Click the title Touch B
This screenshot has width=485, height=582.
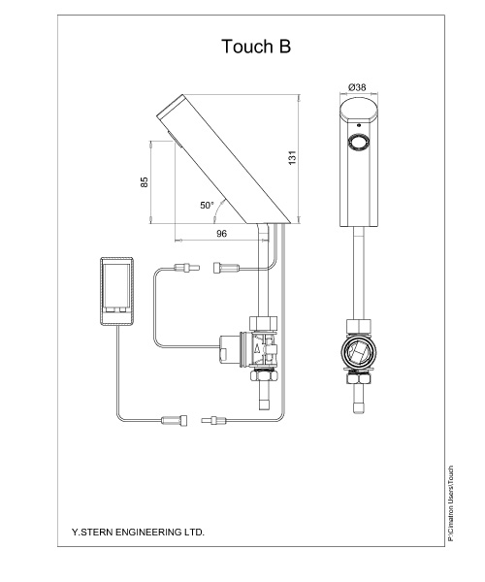(256, 47)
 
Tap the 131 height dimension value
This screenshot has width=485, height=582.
(292, 158)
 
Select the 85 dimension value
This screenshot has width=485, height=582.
(145, 182)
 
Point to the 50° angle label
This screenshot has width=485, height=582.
(207, 205)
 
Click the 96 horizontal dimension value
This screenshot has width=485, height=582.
(221, 234)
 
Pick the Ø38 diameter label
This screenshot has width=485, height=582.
(357, 87)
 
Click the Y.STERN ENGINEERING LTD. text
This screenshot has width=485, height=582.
(138, 532)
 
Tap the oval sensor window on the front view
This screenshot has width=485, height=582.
(359, 143)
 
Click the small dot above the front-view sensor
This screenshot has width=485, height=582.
(359, 125)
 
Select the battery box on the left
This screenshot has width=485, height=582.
(116, 291)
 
